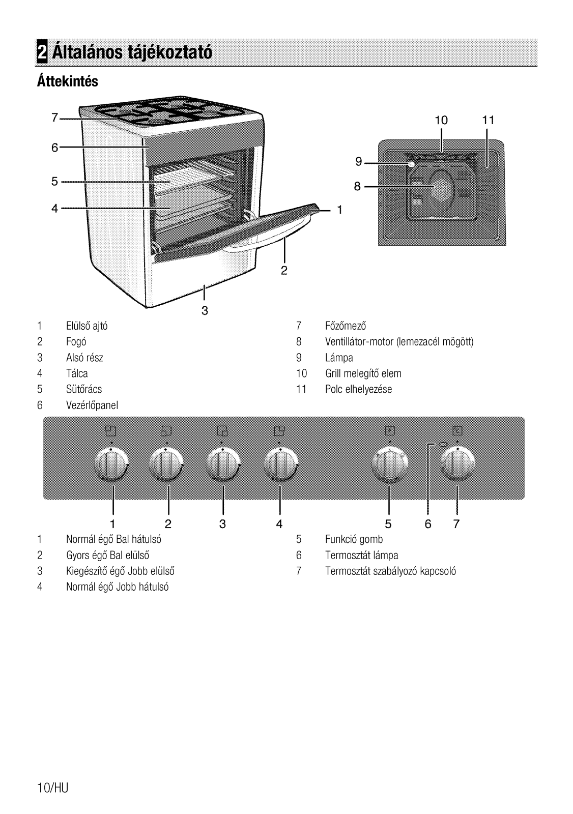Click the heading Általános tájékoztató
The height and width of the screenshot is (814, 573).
(x=132, y=52)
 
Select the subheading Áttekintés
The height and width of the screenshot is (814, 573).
(x=68, y=81)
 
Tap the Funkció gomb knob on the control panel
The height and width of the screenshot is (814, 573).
(x=390, y=465)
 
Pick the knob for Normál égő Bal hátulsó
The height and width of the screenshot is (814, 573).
(x=111, y=465)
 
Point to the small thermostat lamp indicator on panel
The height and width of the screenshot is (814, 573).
(x=443, y=444)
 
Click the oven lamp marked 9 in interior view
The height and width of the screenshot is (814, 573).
(x=411, y=164)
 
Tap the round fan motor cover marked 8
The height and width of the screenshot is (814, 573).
(x=442, y=186)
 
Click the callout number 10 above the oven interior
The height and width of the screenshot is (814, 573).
(x=441, y=120)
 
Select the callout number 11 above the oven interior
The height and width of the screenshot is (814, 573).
(x=489, y=120)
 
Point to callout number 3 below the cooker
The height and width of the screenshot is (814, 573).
(x=205, y=311)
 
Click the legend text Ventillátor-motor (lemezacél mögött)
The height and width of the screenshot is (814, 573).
(x=399, y=341)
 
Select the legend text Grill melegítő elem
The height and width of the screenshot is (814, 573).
(x=363, y=373)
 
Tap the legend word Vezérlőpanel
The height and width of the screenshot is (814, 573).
(x=92, y=405)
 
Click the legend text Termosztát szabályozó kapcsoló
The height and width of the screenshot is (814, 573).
(x=390, y=571)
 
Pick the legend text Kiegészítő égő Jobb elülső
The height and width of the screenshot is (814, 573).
(x=120, y=571)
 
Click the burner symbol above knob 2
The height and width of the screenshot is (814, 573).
(x=166, y=430)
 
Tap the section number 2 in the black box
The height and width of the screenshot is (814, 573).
(x=42, y=52)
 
